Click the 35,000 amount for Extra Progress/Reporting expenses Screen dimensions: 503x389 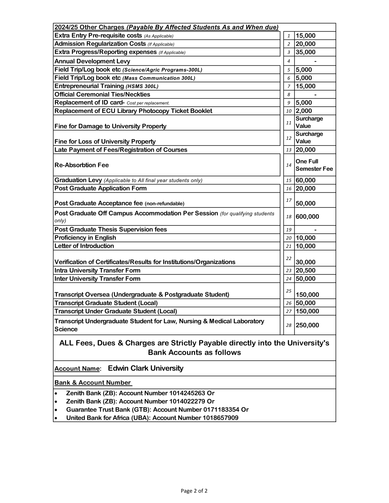[x=305, y=52]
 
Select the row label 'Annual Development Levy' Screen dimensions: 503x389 [x=92, y=61]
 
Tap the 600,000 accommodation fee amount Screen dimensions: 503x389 [x=307, y=217]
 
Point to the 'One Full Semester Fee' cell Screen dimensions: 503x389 [x=314, y=165]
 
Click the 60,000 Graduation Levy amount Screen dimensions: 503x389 [x=305, y=181]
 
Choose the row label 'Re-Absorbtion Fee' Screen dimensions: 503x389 [x=82, y=165]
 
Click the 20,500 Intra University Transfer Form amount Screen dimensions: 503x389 [x=305, y=270]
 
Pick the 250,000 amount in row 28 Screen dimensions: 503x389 [x=307, y=326]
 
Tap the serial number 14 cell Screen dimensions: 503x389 [x=289, y=165]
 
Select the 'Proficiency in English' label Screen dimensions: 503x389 [x=85, y=238]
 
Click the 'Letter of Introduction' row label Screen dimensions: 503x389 [x=84, y=246]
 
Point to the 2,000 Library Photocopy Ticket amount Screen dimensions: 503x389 [x=304, y=111]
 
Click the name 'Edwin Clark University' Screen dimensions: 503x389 [x=145, y=369]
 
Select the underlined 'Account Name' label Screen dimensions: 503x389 [x=77, y=369]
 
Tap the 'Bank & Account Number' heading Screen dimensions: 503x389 [x=93, y=383]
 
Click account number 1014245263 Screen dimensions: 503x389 [x=187, y=393]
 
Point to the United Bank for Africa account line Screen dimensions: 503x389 [x=152, y=418]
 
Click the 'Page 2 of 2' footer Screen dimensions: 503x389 [x=194, y=491]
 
